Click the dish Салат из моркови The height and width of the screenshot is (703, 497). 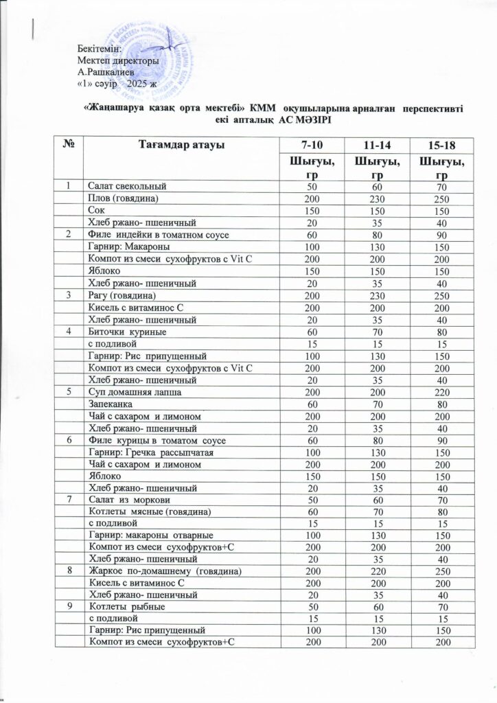[127, 501]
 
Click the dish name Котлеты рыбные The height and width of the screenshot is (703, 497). [127, 611]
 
